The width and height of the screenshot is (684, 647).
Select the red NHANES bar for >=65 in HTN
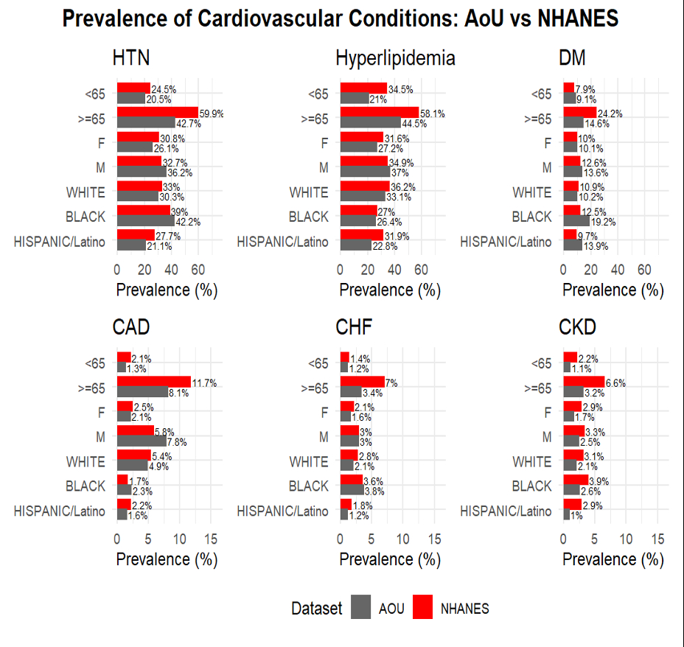[157, 113]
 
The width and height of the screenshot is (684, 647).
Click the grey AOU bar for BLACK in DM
[576, 221]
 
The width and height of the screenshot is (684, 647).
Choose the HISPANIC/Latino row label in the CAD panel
[59, 511]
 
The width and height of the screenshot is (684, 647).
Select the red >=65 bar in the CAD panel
[153, 382]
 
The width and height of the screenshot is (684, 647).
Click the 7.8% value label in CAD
[177, 442]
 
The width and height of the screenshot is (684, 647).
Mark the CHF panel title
[353, 326]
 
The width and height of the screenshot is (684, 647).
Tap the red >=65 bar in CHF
[362, 382]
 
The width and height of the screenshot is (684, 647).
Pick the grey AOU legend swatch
[361, 608]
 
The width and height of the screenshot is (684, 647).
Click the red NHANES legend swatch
[422, 608]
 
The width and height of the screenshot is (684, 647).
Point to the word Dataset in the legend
[317, 609]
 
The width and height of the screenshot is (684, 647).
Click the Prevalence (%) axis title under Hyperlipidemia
[390, 290]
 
